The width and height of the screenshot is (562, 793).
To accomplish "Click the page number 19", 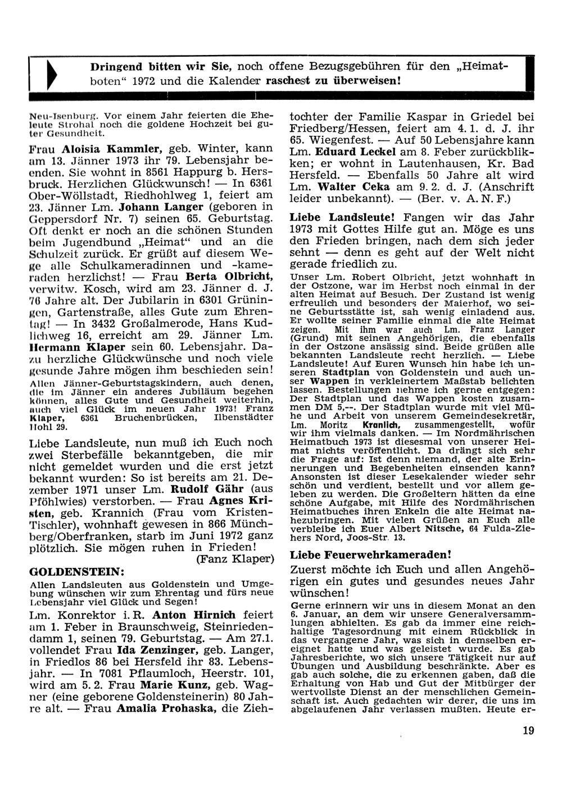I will tap(528, 730).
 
